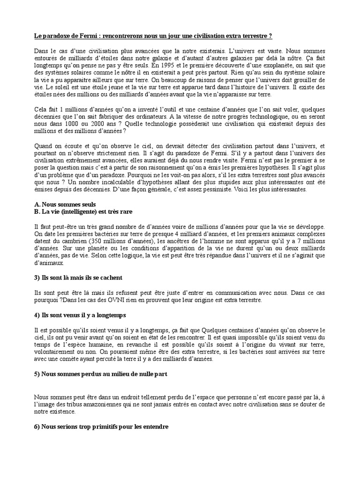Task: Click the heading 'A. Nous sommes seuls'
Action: pyautogui.click(x=65, y=204)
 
